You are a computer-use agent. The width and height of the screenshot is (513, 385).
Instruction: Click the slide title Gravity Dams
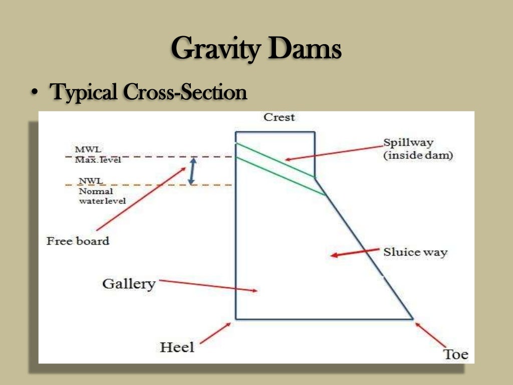(x=256, y=51)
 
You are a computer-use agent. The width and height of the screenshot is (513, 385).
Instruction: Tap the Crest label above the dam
(x=279, y=117)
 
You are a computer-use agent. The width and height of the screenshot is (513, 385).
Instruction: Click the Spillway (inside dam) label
(x=418, y=149)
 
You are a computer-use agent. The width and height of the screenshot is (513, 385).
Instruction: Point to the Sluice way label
(x=415, y=252)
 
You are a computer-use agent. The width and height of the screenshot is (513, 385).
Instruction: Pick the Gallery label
(x=129, y=284)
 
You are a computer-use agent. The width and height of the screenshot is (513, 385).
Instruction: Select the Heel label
(x=177, y=346)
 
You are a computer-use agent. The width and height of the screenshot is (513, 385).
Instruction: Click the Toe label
(x=456, y=354)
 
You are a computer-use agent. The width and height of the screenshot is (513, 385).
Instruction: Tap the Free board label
(x=78, y=241)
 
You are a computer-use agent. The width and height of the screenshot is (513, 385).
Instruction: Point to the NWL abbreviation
(x=88, y=181)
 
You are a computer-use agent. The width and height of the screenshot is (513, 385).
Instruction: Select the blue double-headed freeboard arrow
(x=191, y=171)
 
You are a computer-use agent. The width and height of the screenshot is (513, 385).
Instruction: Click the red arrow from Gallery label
(x=208, y=285)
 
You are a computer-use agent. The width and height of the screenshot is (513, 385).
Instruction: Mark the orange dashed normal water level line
(x=150, y=185)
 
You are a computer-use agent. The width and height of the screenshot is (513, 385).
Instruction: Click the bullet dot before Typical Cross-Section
(x=34, y=94)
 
